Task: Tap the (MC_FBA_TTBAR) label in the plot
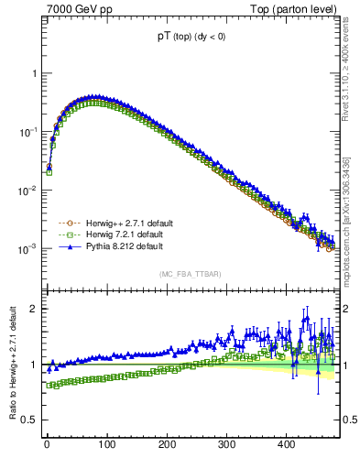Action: (x=189, y=274)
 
